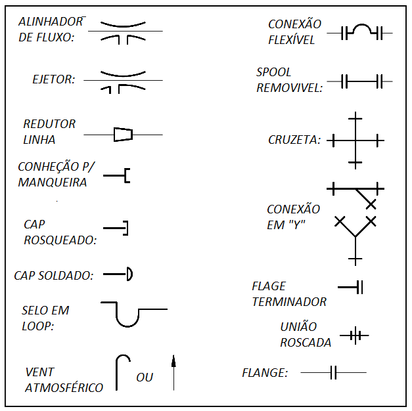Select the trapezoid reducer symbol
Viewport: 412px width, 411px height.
click(x=124, y=135)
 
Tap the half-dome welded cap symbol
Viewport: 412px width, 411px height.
click(x=129, y=274)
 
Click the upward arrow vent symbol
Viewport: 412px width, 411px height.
click(x=173, y=373)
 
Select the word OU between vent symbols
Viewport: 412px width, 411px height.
click(x=145, y=378)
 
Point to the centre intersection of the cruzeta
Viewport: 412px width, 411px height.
click(x=355, y=141)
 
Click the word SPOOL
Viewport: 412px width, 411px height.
click(x=273, y=72)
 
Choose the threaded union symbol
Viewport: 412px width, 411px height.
click(x=354, y=335)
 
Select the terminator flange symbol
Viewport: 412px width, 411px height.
click(x=350, y=287)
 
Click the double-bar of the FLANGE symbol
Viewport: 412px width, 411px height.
click(x=333, y=372)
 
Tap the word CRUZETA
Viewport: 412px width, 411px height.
click(x=294, y=140)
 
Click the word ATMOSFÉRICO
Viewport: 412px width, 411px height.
click(x=64, y=387)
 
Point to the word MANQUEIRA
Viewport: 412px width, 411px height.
click(x=53, y=183)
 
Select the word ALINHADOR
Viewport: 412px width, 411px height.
click(x=51, y=22)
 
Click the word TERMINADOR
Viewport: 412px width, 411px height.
click(x=289, y=302)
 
